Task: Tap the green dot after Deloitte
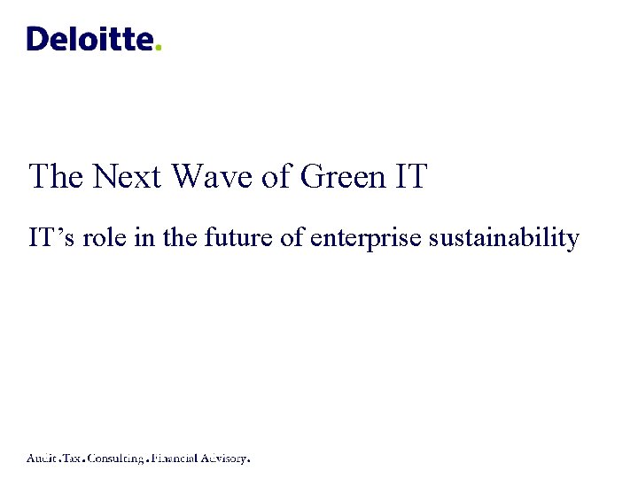coord(159,48)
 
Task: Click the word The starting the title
coord(57,176)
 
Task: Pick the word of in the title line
coord(276,176)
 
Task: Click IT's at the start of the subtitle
coord(50,238)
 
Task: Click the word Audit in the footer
coord(43,459)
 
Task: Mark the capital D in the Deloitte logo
coord(36,39)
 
